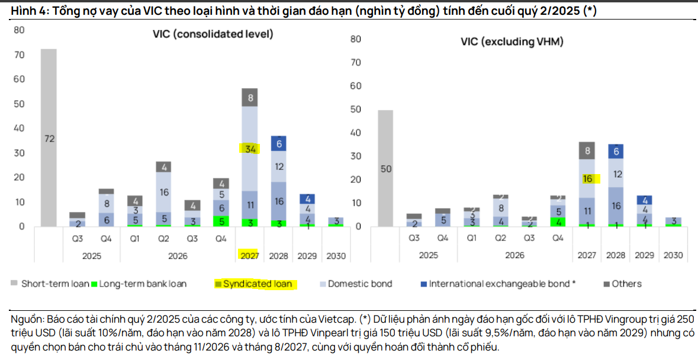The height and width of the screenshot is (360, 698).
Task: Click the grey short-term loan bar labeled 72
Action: (49, 139)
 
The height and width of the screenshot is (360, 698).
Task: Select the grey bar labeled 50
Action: (385, 169)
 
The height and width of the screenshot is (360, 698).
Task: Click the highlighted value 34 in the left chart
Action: (250, 149)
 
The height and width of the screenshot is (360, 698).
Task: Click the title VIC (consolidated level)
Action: (213, 34)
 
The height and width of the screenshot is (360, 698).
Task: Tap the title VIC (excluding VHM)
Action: (512, 41)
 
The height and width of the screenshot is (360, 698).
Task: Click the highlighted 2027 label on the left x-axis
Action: (250, 256)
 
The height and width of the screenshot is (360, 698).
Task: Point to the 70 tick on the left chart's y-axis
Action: (20, 54)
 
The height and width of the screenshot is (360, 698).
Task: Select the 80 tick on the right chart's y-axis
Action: (356, 39)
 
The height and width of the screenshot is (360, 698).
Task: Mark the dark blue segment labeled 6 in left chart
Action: (278, 143)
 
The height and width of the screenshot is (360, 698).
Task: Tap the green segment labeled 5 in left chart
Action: (221, 221)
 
